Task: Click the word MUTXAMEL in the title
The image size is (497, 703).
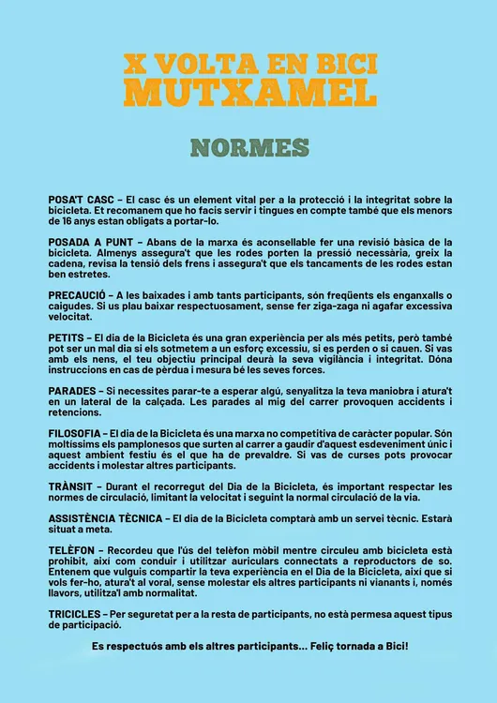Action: (249, 92)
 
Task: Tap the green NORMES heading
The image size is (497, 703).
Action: (249, 148)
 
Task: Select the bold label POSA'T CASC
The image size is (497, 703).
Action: (81, 200)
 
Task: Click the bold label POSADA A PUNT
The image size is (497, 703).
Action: (89, 242)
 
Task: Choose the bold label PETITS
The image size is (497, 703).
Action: (66, 337)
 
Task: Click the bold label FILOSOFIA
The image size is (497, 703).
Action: (75, 432)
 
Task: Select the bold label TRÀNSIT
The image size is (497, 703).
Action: (71, 486)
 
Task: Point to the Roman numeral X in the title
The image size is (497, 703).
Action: (136, 64)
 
